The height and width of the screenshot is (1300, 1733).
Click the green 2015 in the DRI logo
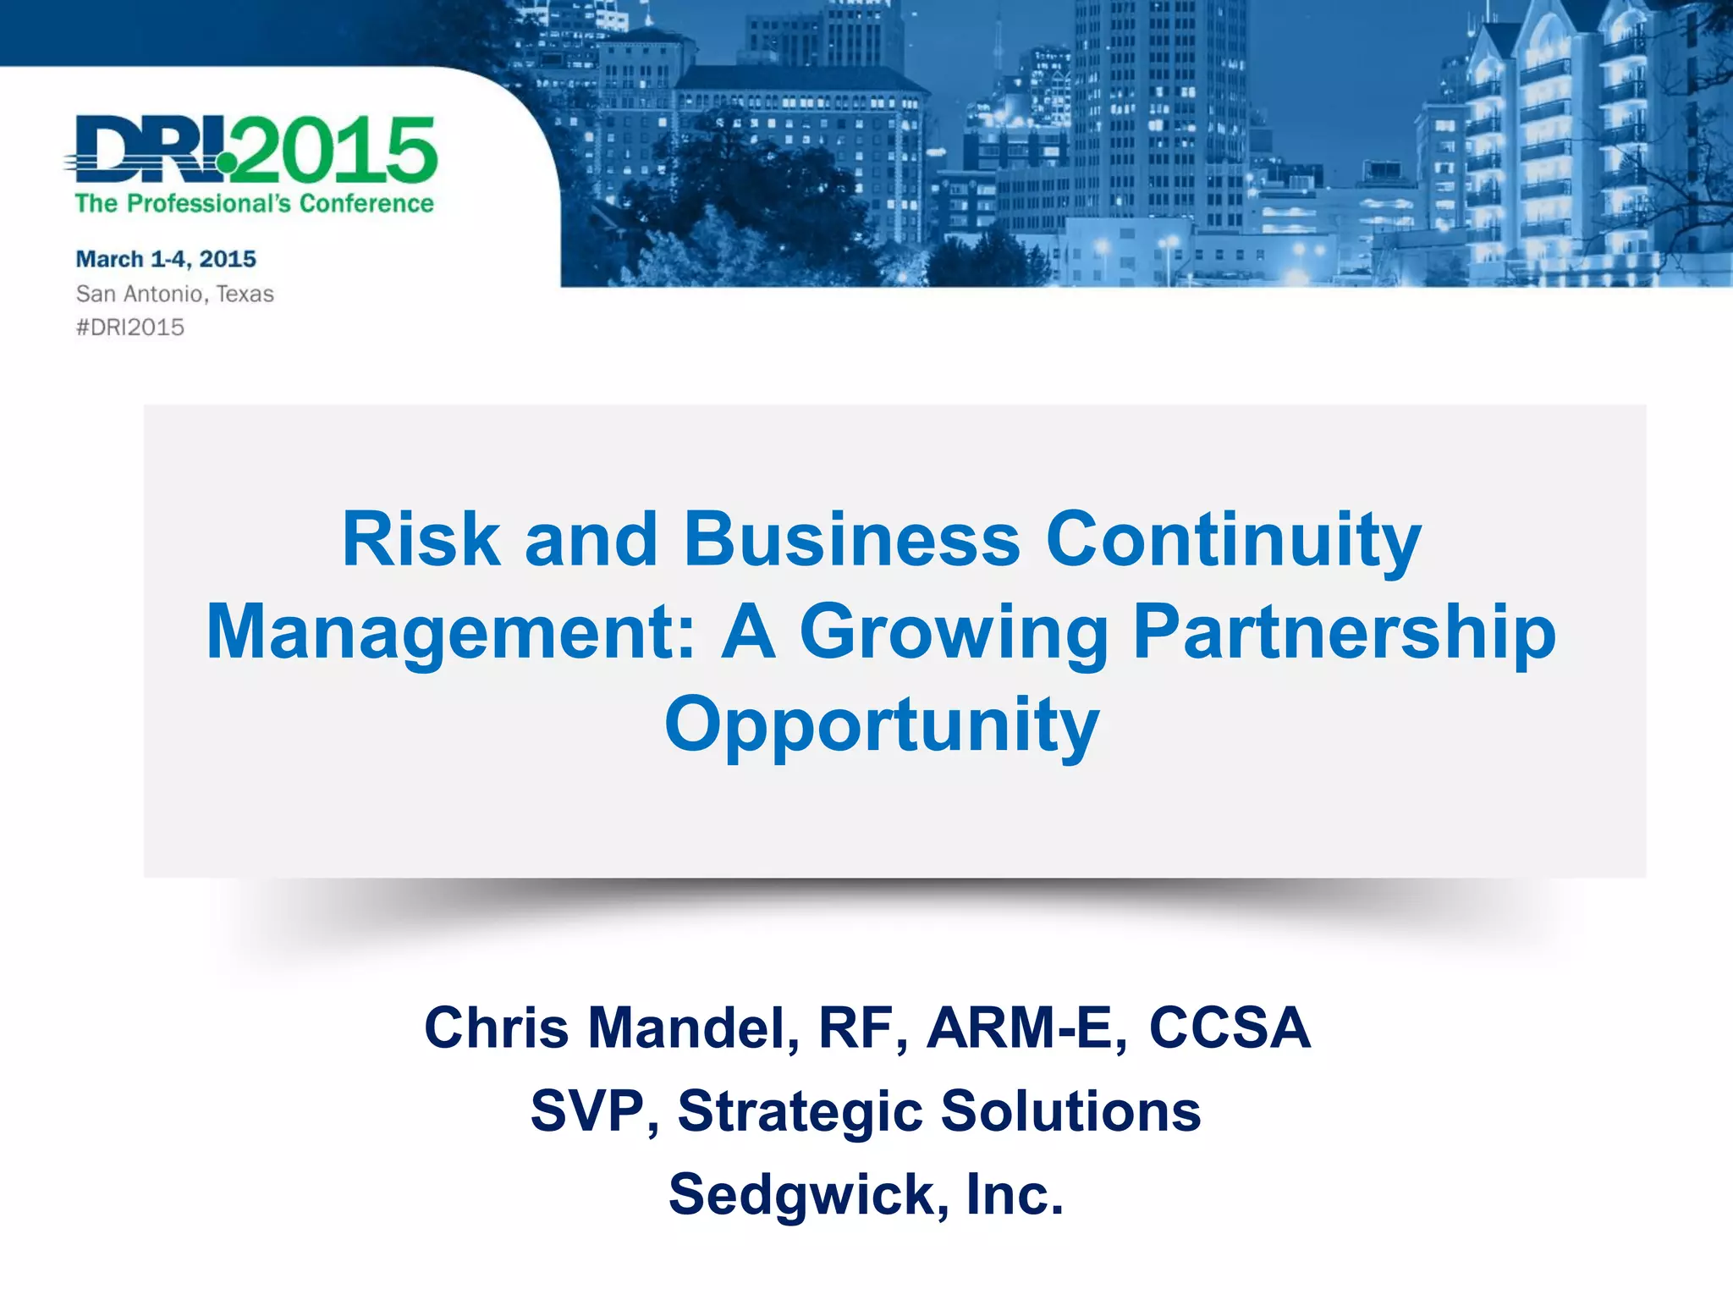[338, 151]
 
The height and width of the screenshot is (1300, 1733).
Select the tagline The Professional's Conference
[254, 204]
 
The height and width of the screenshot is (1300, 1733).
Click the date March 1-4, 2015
[166, 259]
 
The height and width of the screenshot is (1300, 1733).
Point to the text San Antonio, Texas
[175, 294]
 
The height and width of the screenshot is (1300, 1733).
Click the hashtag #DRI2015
[130, 328]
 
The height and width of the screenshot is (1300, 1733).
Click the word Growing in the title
[953, 633]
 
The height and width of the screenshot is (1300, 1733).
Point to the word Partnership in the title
[1344, 633]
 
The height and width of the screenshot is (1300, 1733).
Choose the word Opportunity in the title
[882, 726]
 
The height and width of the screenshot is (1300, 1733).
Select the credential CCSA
[1229, 1028]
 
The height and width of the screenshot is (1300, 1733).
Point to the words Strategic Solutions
[939, 1111]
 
